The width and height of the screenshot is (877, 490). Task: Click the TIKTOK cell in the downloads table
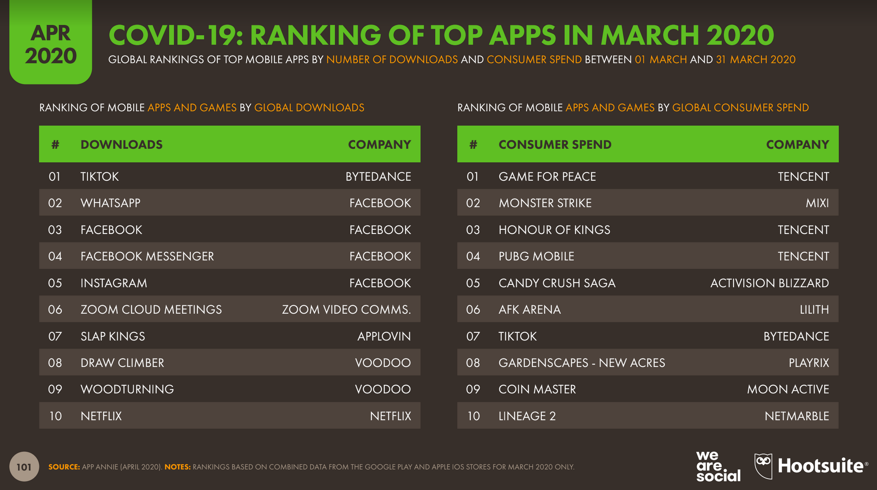(x=100, y=177)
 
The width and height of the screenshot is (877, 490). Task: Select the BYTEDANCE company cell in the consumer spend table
(x=796, y=336)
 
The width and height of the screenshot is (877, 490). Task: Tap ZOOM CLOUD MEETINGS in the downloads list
(x=151, y=310)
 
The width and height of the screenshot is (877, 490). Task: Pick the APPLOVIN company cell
(x=384, y=336)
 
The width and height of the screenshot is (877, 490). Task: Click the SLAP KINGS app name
(x=112, y=336)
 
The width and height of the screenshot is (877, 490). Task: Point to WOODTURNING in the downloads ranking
(x=127, y=389)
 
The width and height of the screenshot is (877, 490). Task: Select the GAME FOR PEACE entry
(x=547, y=177)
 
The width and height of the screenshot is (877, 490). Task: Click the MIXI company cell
(x=817, y=203)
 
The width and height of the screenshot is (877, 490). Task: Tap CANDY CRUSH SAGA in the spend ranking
(x=556, y=283)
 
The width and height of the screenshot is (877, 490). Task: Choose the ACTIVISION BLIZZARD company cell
(x=769, y=283)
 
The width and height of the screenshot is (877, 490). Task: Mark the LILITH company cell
(x=814, y=310)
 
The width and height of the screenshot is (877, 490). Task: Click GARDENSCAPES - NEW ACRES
(x=581, y=363)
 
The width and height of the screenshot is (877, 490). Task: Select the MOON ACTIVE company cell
(x=788, y=389)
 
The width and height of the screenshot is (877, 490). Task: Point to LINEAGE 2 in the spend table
(x=527, y=416)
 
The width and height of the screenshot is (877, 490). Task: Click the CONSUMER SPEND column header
(x=555, y=144)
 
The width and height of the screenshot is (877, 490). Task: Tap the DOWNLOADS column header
(x=121, y=144)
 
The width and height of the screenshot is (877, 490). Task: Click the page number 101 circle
(x=24, y=467)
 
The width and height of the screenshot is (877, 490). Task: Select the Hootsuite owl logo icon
(x=763, y=466)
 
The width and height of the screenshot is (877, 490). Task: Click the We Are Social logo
(x=718, y=466)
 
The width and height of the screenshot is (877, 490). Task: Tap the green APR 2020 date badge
(x=51, y=42)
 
